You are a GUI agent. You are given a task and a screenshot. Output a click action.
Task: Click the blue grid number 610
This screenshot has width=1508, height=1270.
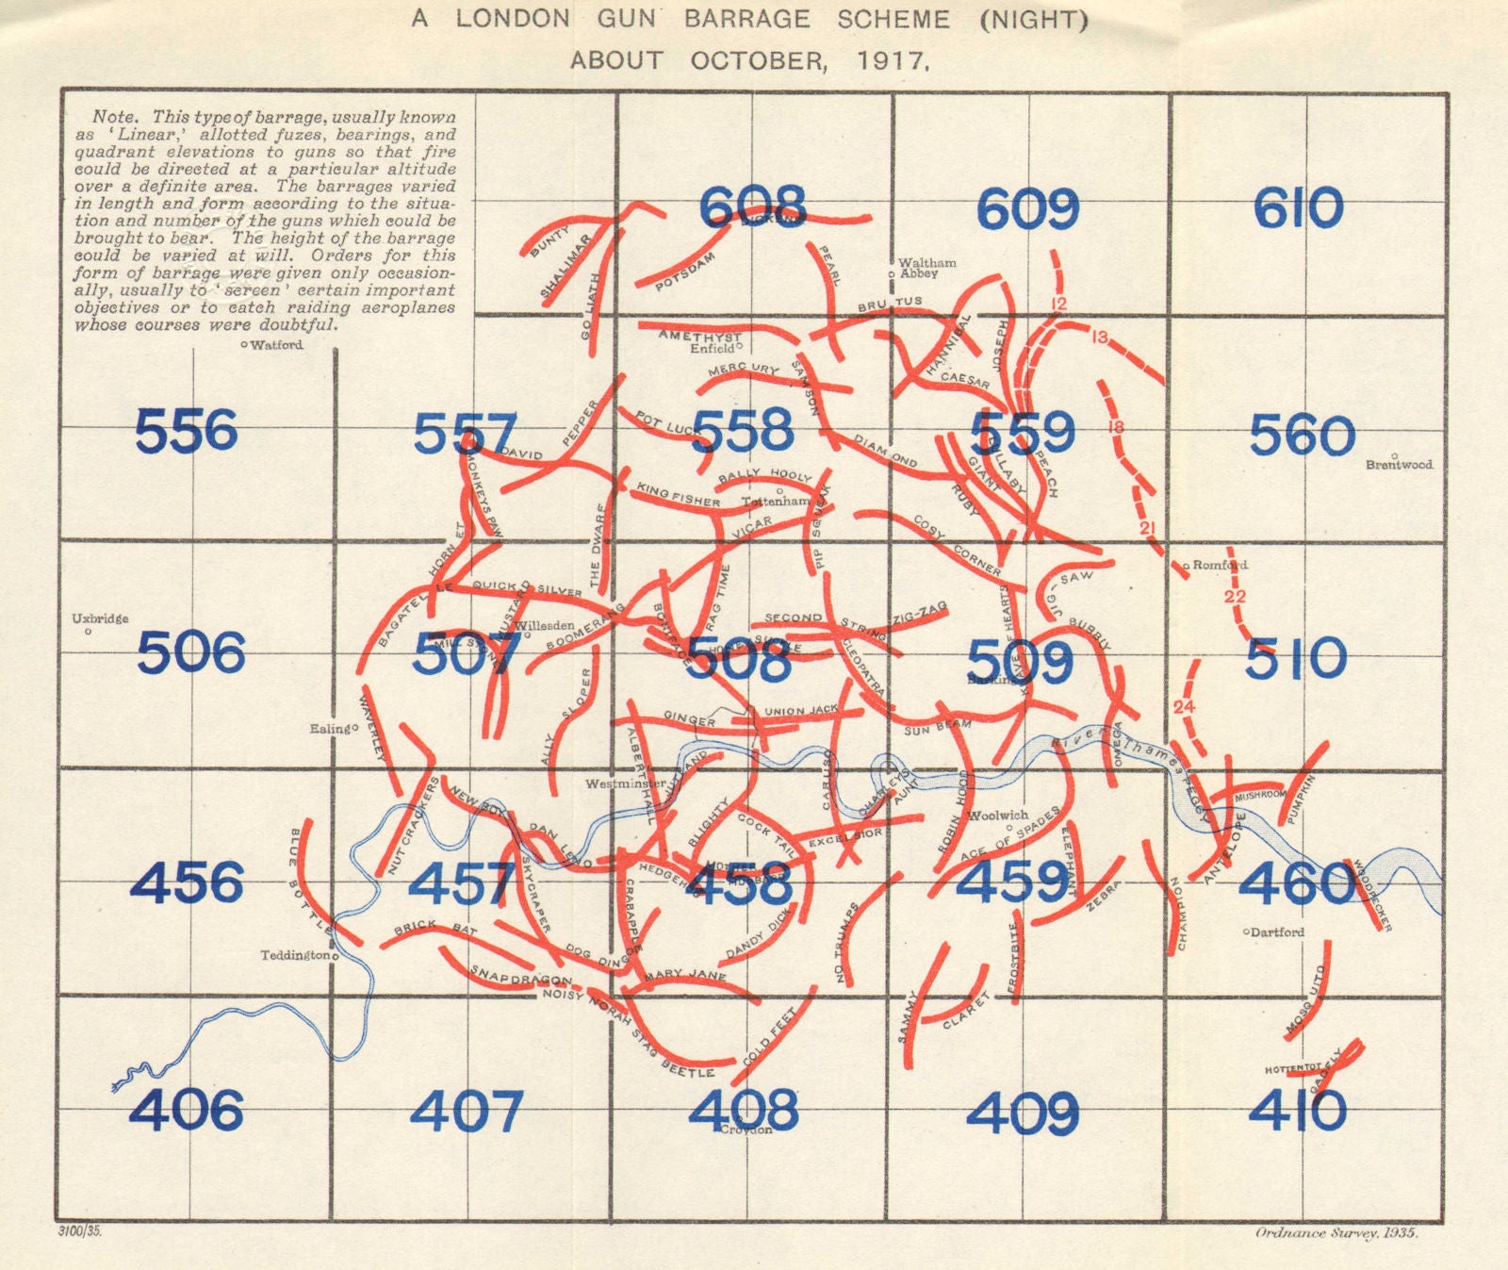click(x=1298, y=208)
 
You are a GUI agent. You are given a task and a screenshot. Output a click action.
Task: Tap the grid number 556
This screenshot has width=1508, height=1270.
click(x=187, y=432)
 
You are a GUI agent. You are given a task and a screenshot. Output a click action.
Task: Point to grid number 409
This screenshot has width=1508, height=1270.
click(x=1023, y=1113)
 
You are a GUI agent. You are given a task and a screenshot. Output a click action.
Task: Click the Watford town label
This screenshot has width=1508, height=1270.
click(x=276, y=345)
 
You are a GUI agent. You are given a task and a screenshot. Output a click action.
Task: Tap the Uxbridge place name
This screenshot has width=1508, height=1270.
click(x=100, y=619)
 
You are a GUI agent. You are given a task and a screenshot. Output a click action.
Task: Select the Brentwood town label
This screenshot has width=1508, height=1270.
click(x=1399, y=465)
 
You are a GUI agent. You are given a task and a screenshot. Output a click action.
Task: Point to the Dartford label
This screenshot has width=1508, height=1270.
click(x=1277, y=932)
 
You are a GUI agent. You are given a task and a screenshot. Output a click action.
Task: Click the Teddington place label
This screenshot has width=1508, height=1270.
click(x=295, y=955)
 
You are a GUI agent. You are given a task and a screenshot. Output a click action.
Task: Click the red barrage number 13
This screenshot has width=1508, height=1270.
click(x=1098, y=337)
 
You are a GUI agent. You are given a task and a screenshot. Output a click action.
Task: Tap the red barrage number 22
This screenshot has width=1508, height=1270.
click(x=1235, y=597)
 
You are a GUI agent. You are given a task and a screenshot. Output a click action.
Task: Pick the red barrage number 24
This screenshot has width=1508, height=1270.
click(x=1184, y=707)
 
